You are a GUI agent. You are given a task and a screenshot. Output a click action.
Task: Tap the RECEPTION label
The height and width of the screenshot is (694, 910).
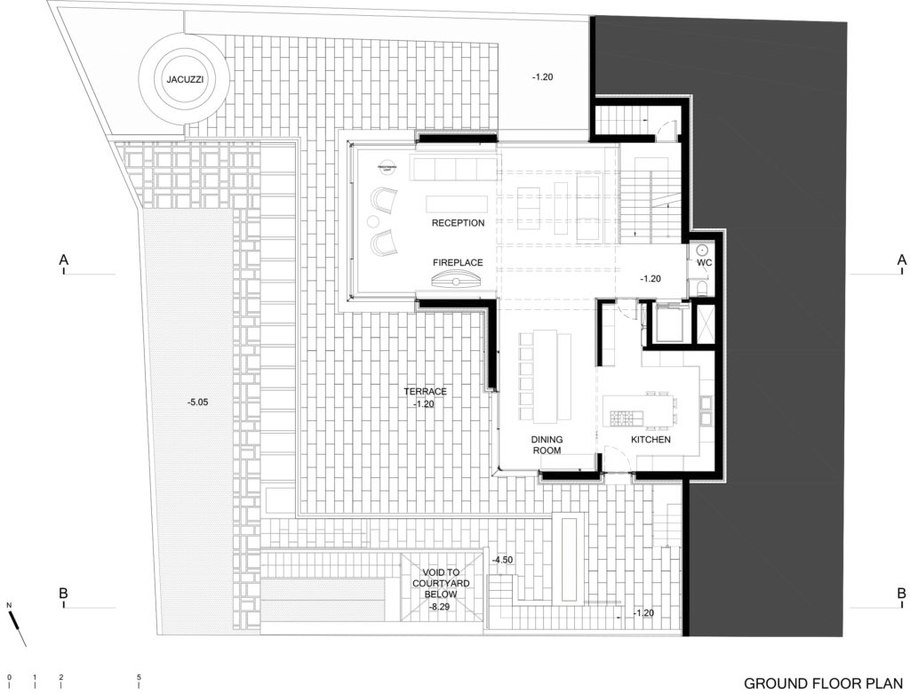458,223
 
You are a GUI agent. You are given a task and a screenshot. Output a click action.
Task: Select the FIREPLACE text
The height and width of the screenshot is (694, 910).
458,263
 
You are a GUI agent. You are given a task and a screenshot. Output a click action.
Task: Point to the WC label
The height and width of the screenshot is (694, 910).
705,263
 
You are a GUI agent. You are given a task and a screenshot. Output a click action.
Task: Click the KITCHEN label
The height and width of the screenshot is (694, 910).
651,440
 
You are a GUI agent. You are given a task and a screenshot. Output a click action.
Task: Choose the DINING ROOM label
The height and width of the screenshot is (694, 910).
547,444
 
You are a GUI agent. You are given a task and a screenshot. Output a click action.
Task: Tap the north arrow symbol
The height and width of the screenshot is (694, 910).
20,625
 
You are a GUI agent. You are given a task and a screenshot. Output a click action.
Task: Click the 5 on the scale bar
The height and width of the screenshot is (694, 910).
140,678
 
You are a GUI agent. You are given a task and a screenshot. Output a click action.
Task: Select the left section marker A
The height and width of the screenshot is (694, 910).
63,260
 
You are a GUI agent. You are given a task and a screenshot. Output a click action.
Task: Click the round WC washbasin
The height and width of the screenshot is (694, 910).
701,250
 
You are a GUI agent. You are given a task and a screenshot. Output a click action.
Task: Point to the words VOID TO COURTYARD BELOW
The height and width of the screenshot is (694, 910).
440,583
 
